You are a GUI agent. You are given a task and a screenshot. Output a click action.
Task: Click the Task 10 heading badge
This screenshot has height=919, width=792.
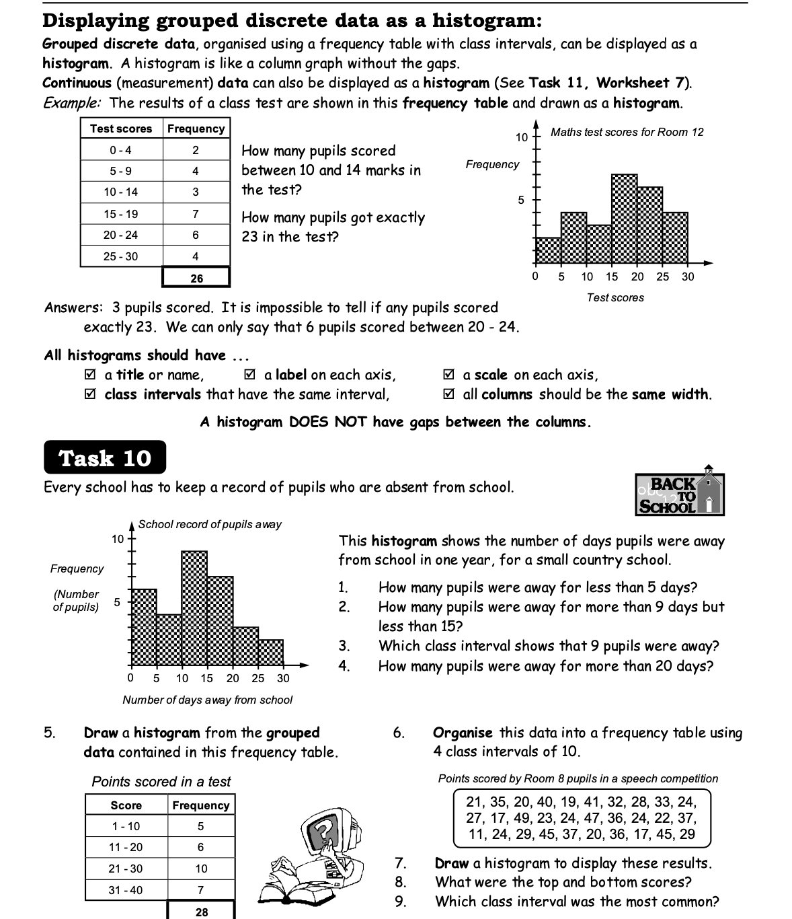(104, 458)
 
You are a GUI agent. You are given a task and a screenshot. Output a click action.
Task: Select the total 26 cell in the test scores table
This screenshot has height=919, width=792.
(196, 278)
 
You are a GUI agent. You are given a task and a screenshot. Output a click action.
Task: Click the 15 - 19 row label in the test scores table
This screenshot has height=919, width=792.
(121, 214)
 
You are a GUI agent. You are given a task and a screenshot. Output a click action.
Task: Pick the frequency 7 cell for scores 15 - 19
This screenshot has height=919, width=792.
(196, 214)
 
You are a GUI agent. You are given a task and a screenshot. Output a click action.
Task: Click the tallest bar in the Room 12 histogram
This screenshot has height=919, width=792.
(624, 219)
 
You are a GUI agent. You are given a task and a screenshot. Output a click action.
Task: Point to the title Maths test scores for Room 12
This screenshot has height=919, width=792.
(627, 132)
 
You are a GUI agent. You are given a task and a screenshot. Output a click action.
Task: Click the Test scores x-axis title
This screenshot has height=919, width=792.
(615, 297)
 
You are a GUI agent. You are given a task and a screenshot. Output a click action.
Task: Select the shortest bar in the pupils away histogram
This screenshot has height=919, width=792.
(270, 653)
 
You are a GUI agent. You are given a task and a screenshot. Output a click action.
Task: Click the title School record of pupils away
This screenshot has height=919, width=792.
(210, 524)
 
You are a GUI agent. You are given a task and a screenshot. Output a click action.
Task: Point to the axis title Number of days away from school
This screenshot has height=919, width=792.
(207, 700)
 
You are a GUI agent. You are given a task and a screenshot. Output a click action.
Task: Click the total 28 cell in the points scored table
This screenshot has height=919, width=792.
(201, 912)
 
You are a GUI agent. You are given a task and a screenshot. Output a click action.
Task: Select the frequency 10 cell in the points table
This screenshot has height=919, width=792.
(201, 869)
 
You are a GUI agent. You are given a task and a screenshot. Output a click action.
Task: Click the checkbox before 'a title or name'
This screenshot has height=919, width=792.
(90, 375)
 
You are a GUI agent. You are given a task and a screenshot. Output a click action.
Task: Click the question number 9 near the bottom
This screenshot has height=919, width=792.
(400, 902)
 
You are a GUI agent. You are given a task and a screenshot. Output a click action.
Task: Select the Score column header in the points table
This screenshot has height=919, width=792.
(126, 805)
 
